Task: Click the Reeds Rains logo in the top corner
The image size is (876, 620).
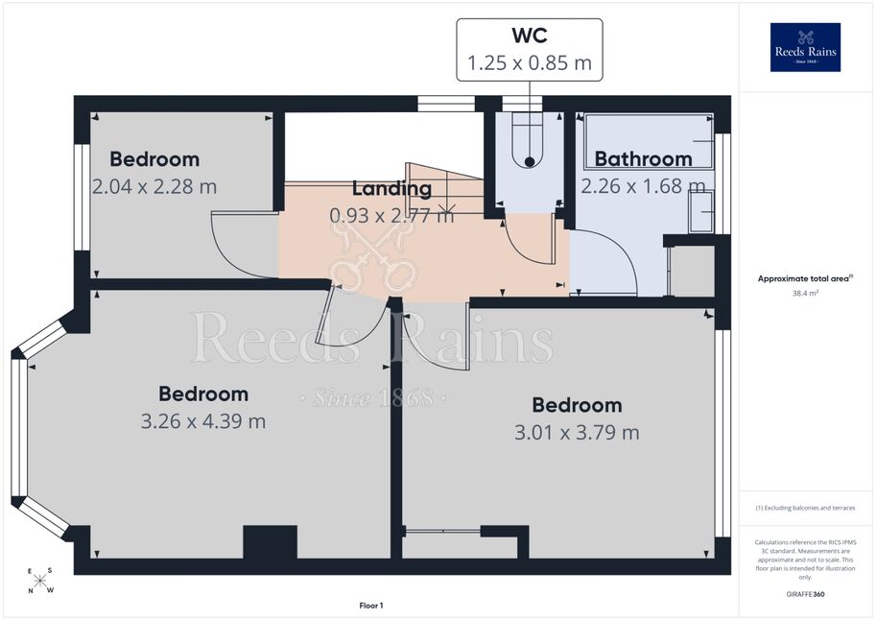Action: click(x=805, y=47)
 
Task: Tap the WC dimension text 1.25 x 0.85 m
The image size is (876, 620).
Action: click(x=529, y=62)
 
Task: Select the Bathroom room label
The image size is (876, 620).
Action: click(x=643, y=158)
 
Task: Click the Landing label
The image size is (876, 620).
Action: click(x=391, y=189)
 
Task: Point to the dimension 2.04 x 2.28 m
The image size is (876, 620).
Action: click(x=154, y=186)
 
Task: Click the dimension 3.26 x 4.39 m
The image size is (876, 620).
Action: click(x=203, y=421)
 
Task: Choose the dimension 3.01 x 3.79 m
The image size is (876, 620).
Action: click(x=577, y=432)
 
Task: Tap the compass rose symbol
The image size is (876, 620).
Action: click(x=40, y=581)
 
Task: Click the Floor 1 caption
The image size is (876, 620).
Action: click(x=371, y=606)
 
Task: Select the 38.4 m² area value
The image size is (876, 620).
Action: click(x=805, y=293)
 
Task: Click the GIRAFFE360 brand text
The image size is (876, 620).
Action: click(x=805, y=594)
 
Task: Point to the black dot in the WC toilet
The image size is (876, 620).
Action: click(x=529, y=162)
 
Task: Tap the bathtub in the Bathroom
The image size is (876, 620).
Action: click(x=649, y=141)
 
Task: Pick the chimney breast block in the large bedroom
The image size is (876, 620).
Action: click(x=270, y=541)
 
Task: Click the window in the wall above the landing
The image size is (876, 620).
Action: click(x=446, y=104)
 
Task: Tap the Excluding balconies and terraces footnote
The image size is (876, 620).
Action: click(x=805, y=508)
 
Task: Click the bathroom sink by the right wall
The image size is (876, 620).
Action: click(x=701, y=211)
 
